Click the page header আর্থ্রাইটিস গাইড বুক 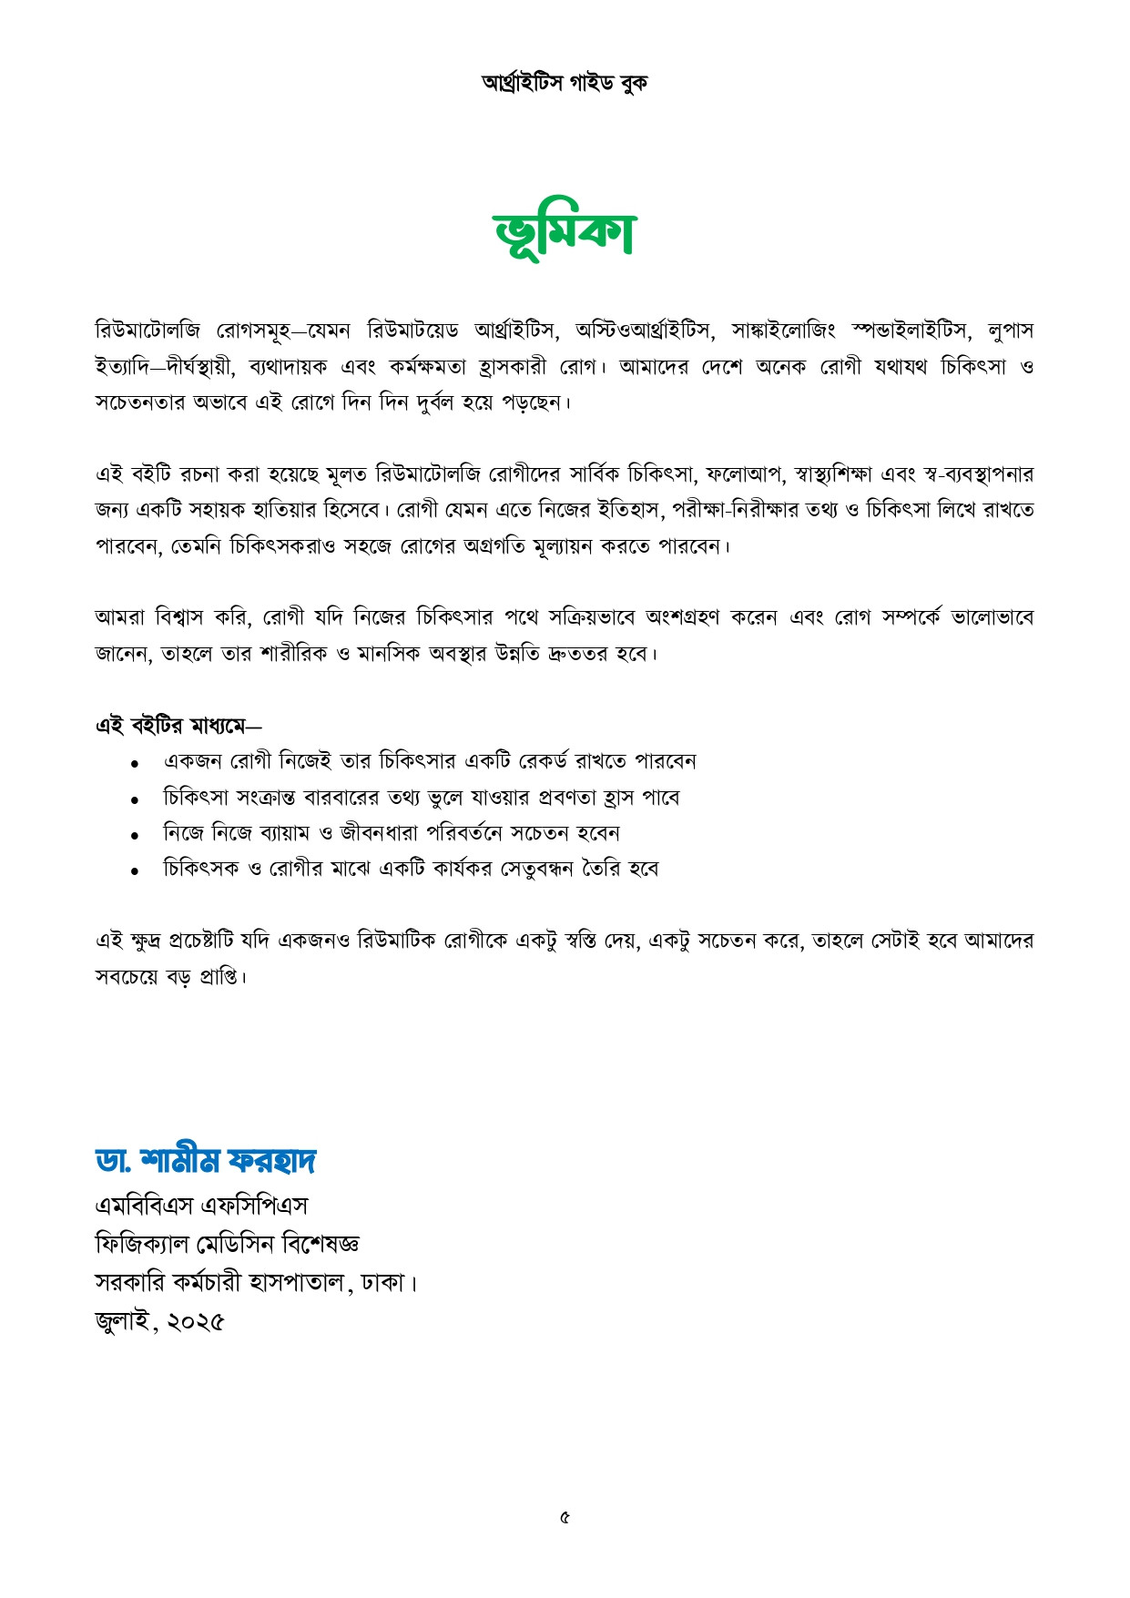pos(565,83)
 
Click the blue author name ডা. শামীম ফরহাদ pos(206,1161)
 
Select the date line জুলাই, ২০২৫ pos(159,1321)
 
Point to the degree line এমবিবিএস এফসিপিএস pos(201,1206)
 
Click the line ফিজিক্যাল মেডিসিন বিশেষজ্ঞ pos(228,1244)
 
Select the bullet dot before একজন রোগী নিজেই pos(134,763)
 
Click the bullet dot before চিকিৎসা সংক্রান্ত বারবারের pos(134,799)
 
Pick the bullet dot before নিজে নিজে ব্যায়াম pos(134,835)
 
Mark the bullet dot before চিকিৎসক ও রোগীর pos(134,870)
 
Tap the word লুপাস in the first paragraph pos(1010,330)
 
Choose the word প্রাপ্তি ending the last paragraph pos(219,977)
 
